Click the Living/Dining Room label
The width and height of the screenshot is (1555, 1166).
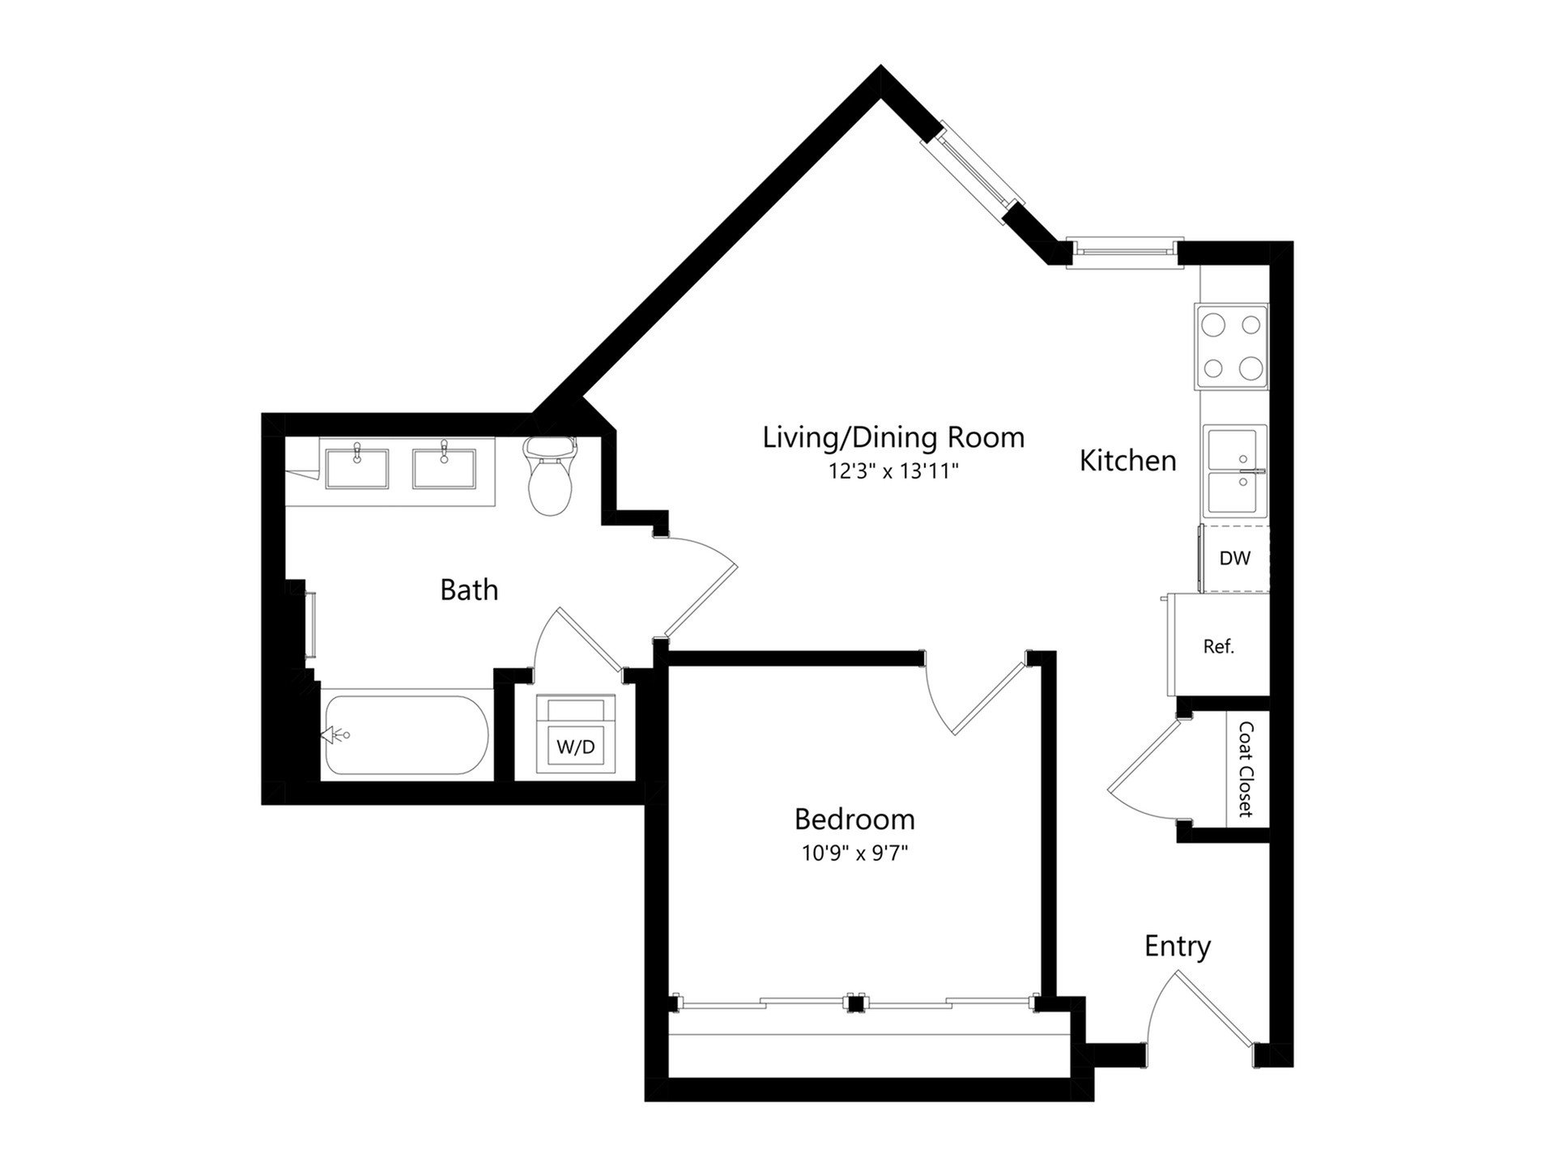[893, 438]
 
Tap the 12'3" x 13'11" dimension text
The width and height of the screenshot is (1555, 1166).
[893, 471]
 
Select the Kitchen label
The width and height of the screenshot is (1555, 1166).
[1127, 461]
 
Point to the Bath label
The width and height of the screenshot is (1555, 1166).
[469, 589]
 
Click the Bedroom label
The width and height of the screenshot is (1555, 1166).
[854, 819]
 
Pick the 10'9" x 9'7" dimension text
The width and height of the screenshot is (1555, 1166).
[854, 853]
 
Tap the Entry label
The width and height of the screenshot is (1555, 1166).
[1178, 947]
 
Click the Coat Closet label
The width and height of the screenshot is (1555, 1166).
[1246, 769]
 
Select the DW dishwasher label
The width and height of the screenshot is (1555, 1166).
[1235, 558]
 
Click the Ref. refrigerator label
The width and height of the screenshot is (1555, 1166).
[1219, 646]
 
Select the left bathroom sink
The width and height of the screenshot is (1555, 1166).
[356, 468]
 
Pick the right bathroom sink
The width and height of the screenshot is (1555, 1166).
[444, 468]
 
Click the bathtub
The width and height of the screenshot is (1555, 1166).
[406, 735]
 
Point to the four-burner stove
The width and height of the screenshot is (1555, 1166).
[1231, 347]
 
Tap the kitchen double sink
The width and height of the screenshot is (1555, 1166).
[1235, 471]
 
